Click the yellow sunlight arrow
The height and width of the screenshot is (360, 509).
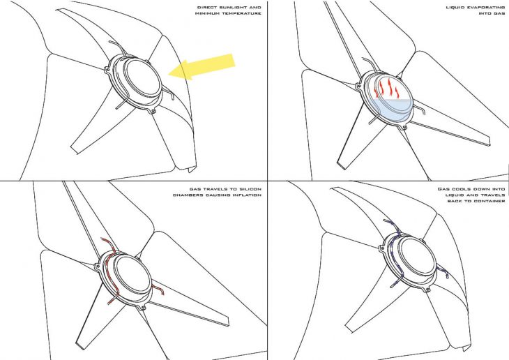point(202,67)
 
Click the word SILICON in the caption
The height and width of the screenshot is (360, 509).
point(250,189)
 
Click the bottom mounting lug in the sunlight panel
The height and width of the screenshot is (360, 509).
point(153,112)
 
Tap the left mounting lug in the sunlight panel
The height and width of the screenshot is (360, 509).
point(107,70)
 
